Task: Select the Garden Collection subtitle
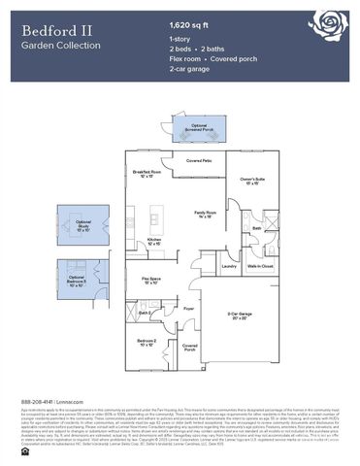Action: coord(58,45)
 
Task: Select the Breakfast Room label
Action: coord(147,176)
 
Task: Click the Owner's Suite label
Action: coord(253,181)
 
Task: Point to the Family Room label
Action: coord(205,214)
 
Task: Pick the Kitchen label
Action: coord(153,242)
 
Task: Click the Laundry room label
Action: coord(229,266)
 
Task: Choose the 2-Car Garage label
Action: coord(240,316)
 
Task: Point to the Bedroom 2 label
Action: coord(147,343)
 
